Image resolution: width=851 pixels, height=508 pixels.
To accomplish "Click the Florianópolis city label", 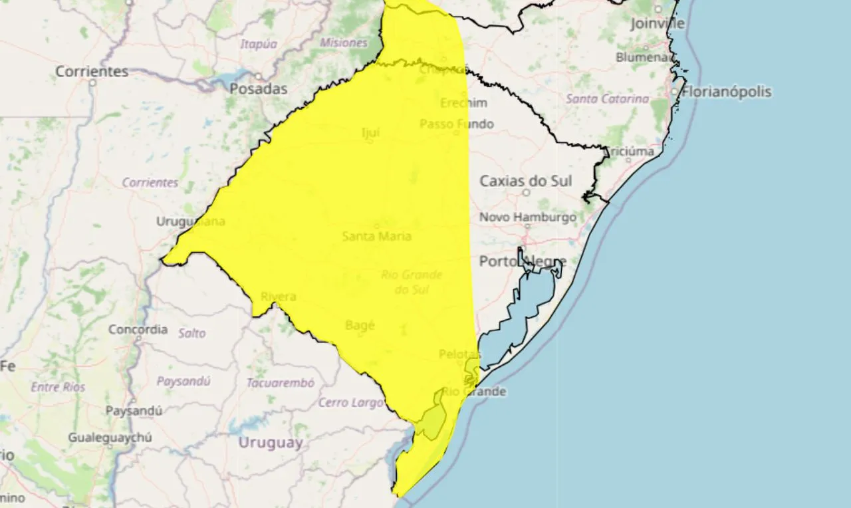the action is pyautogui.click(x=727, y=92).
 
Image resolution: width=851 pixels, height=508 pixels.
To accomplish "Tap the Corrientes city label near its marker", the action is pyautogui.click(x=92, y=71).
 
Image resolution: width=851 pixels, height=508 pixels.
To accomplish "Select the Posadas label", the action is pyautogui.click(x=259, y=88).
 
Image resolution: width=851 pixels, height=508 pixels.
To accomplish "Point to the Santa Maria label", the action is pyautogui.click(x=376, y=236).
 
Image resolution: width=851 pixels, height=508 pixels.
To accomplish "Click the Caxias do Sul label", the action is pyautogui.click(x=526, y=181).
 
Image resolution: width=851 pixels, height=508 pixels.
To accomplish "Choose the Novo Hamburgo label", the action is pyautogui.click(x=528, y=217).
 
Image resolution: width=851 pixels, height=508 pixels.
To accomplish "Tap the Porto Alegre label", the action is pyautogui.click(x=523, y=261).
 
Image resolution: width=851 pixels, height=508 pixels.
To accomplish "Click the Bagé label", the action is pyautogui.click(x=360, y=325).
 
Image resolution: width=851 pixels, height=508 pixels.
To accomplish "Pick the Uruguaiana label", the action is pyautogui.click(x=191, y=221).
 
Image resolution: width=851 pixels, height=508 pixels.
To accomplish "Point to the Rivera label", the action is pyautogui.click(x=278, y=297).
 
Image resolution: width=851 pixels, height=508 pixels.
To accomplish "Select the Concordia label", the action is pyautogui.click(x=138, y=329).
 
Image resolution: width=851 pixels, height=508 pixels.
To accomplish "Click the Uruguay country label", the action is pyautogui.click(x=271, y=442).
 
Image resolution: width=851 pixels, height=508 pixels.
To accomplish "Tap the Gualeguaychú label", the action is pyautogui.click(x=110, y=438).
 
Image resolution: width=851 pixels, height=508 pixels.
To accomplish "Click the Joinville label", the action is pyautogui.click(x=658, y=24).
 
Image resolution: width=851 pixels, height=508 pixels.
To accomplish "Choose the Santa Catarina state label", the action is pyautogui.click(x=607, y=98).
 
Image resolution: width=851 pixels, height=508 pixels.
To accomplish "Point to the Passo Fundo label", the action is pyautogui.click(x=457, y=124).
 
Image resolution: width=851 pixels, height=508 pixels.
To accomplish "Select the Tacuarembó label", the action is pyautogui.click(x=280, y=383).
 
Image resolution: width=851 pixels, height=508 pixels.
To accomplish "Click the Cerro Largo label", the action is pyautogui.click(x=351, y=402).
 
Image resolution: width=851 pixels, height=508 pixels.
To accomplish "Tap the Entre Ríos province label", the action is pyautogui.click(x=59, y=387).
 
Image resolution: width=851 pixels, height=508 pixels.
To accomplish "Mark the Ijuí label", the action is pyautogui.click(x=370, y=133).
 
